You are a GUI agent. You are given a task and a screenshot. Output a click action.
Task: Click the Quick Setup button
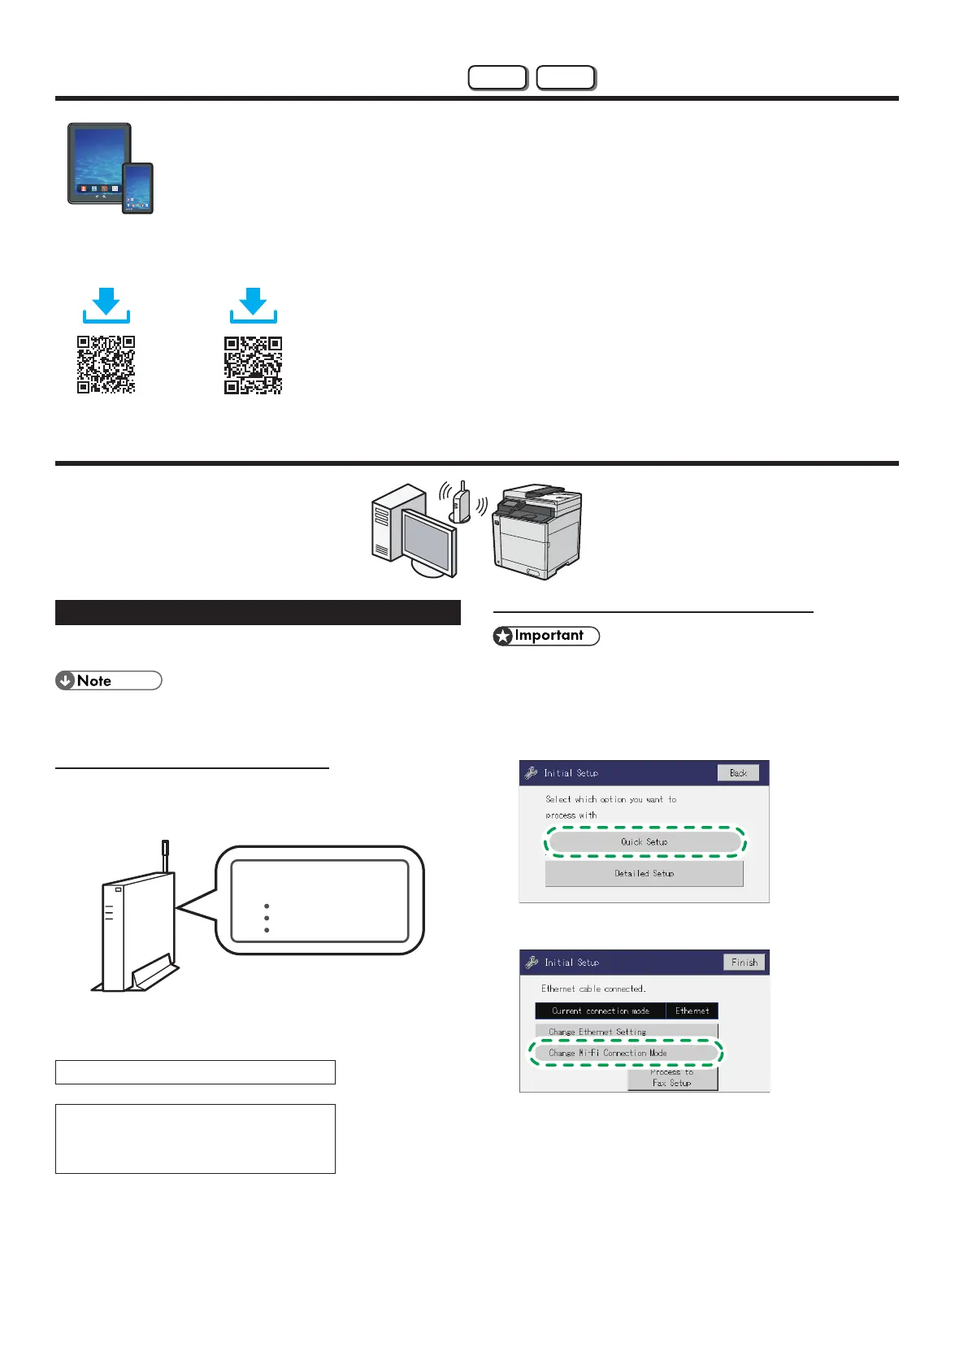[x=645, y=842]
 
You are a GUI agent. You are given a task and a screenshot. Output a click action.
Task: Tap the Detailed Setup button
[x=644, y=873]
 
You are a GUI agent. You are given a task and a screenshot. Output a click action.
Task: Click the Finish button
[x=744, y=963]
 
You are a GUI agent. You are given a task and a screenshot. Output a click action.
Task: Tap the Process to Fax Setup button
[x=672, y=1079]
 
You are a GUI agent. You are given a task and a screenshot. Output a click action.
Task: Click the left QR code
[x=106, y=365]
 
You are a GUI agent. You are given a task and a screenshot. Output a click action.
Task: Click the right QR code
[x=254, y=365]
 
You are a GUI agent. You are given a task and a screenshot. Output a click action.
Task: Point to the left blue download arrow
[x=106, y=305]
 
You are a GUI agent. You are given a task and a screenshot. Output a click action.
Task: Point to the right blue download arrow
[x=254, y=305]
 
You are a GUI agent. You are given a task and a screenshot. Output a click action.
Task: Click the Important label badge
[x=546, y=636]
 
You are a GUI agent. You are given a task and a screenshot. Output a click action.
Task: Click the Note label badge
[x=108, y=681]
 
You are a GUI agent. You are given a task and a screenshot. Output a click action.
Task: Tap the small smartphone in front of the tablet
[x=137, y=188]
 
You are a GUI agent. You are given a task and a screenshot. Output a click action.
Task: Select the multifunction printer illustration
[x=537, y=532]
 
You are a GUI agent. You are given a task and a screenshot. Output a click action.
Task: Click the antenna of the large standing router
[x=166, y=856]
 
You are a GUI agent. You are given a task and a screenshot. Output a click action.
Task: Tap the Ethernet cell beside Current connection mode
[x=692, y=1010]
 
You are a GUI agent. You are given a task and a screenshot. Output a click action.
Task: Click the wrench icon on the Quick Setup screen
[x=532, y=773]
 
